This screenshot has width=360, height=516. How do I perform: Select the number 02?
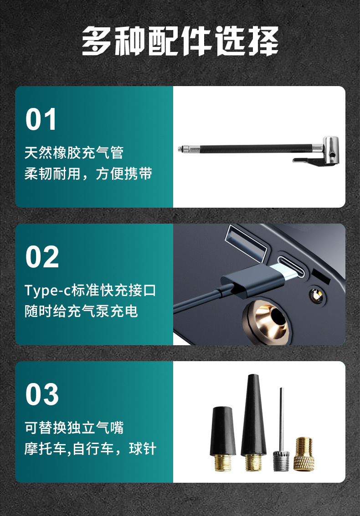42,257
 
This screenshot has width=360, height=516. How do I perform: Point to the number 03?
42,394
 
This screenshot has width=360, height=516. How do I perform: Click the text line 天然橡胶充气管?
74,152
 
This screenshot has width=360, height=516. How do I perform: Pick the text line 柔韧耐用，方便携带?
88,174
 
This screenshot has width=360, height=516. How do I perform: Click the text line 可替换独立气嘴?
74,427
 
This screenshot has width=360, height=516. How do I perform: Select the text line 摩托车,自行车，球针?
90,449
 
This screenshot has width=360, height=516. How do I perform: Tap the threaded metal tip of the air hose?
187,148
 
